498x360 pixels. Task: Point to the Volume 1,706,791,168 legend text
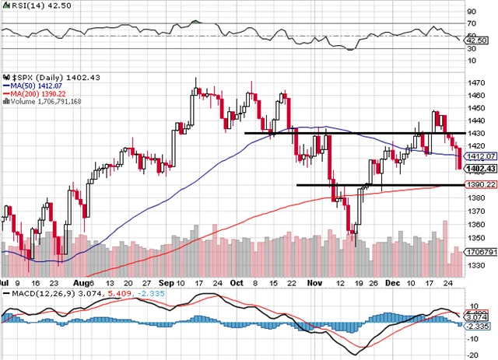[x=45, y=101]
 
